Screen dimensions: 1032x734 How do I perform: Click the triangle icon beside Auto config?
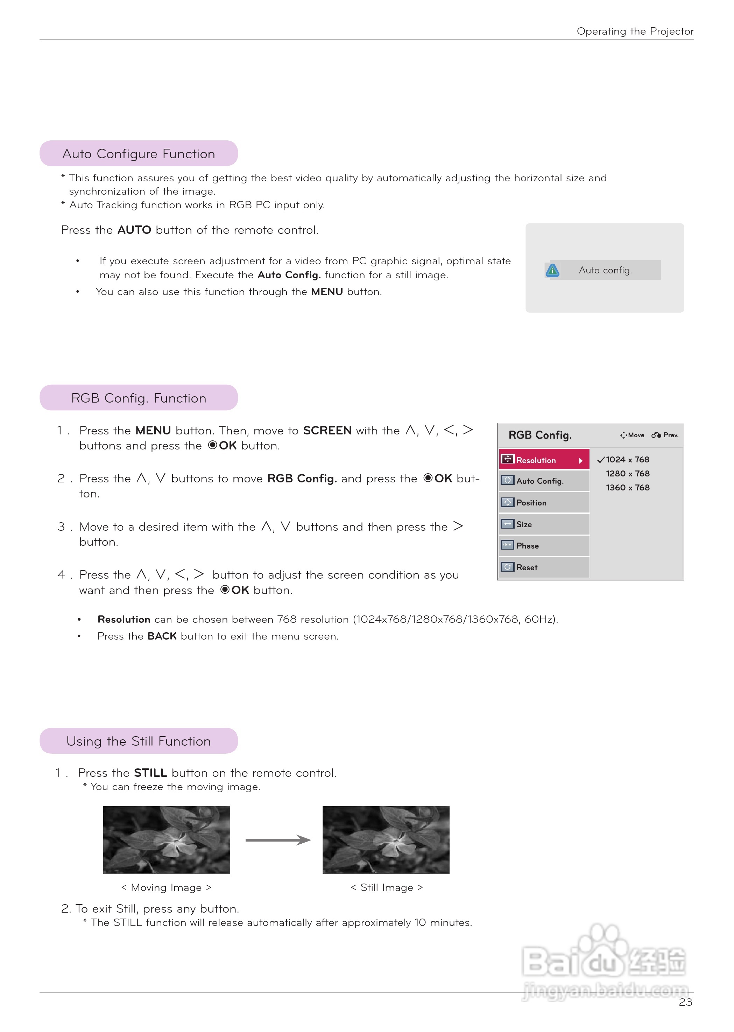(x=552, y=271)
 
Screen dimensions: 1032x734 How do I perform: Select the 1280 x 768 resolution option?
(x=627, y=474)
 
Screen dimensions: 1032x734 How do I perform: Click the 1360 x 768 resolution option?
(x=627, y=488)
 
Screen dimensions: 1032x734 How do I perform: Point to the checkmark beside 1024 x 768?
(x=601, y=460)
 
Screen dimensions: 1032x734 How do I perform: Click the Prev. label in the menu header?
(x=670, y=435)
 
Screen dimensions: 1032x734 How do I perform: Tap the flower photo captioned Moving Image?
(x=166, y=839)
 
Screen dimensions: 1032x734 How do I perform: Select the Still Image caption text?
(x=387, y=887)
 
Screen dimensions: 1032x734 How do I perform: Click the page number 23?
(x=685, y=1002)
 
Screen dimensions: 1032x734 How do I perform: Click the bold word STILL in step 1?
(x=150, y=773)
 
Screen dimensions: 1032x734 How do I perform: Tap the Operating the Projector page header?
(x=635, y=31)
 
